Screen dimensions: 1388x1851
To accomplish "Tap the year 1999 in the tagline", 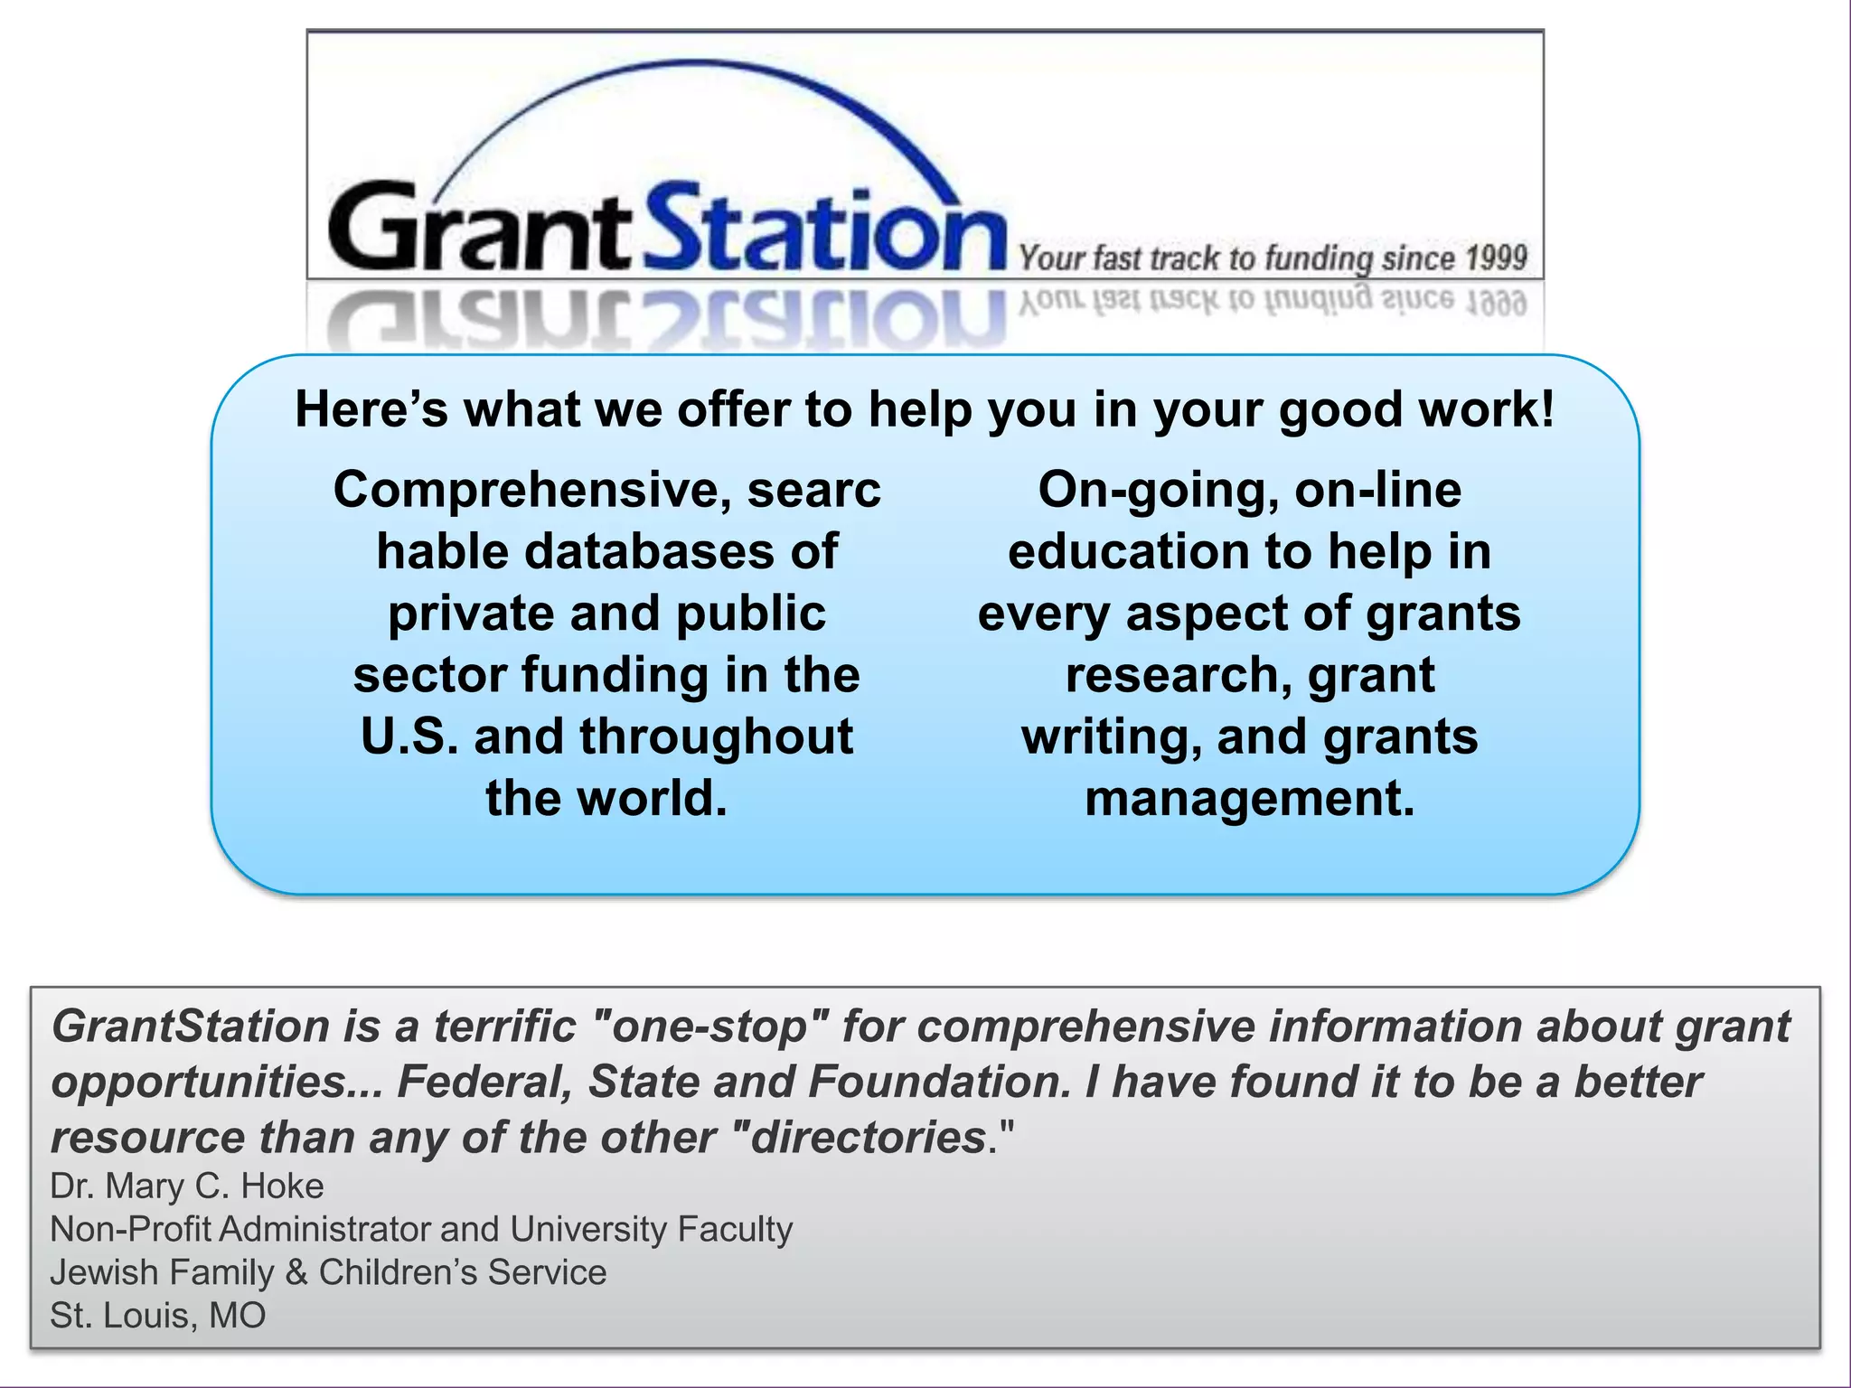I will pos(1495,258).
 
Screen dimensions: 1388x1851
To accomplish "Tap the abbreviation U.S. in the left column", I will pos(409,736).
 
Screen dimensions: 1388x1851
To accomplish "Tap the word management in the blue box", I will pos(1249,799).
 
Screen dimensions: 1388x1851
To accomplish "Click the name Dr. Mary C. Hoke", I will pos(187,1186).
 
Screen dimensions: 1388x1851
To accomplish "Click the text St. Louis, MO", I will pos(158,1316).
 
